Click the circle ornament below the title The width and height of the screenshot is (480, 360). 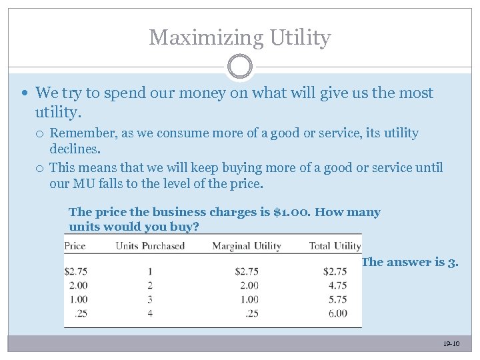tap(240, 67)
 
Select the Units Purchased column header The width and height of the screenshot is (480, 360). tap(150, 246)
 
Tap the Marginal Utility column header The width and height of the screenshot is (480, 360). tap(247, 246)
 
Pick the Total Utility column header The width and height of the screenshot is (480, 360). tap(335, 246)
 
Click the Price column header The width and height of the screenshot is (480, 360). tap(75, 246)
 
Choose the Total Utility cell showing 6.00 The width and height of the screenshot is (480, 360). tap(338, 313)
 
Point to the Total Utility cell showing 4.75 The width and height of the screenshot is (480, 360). tap(338, 285)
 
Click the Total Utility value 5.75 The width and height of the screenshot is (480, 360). tap(338, 299)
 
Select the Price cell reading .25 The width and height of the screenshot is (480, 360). tap(79, 313)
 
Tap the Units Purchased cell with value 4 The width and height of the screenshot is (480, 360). tap(150, 313)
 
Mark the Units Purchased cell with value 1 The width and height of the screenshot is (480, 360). tap(150, 271)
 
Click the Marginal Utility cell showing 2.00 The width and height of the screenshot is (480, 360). tap(248, 285)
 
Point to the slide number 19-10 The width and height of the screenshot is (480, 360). tap(451, 344)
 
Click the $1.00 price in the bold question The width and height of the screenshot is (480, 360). tap(291, 213)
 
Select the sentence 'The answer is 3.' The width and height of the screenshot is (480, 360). tap(409, 262)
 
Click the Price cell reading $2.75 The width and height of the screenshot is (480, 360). tap(75, 271)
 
